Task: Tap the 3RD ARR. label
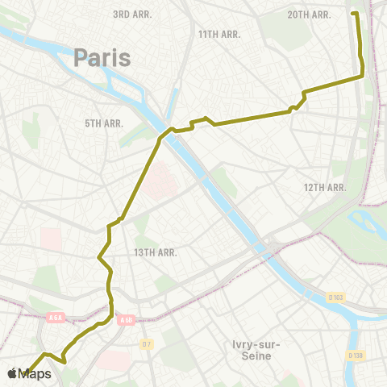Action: (133, 15)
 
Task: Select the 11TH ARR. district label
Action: (219, 34)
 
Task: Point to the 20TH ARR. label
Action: (310, 15)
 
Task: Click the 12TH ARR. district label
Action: (325, 187)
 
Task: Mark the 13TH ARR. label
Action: (156, 252)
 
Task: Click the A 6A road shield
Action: (54, 317)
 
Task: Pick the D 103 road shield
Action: (335, 298)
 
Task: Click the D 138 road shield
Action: (355, 354)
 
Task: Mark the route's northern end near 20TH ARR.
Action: (354, 13)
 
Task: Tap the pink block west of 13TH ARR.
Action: (51, 238)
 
